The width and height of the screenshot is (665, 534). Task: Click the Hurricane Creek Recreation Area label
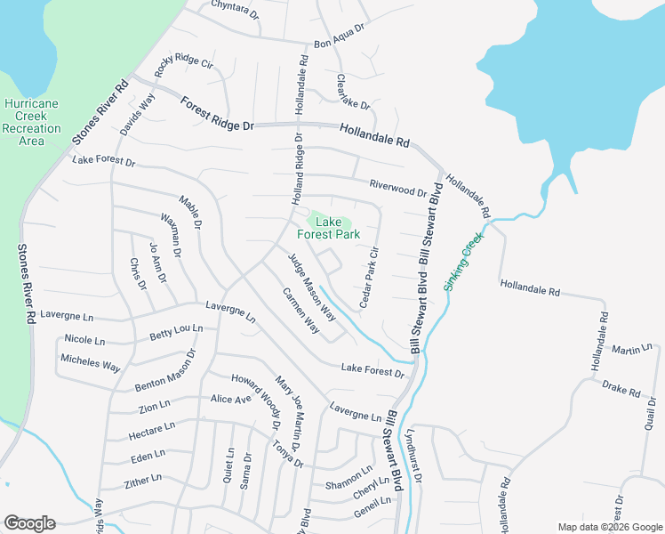pos(31,122)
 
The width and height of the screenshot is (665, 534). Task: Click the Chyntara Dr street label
pos(235,10)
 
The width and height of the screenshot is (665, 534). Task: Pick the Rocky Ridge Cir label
pos(185,65)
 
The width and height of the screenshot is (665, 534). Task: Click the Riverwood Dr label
pos(398,188)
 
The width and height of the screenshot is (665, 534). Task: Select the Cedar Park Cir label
pos(369,277)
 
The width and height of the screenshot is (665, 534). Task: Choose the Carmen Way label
pos(300,311)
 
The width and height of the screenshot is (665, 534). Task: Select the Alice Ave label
pos(230,400)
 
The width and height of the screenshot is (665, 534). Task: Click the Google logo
pos(29,523)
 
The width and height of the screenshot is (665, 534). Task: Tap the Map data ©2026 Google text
pos(609,527)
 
